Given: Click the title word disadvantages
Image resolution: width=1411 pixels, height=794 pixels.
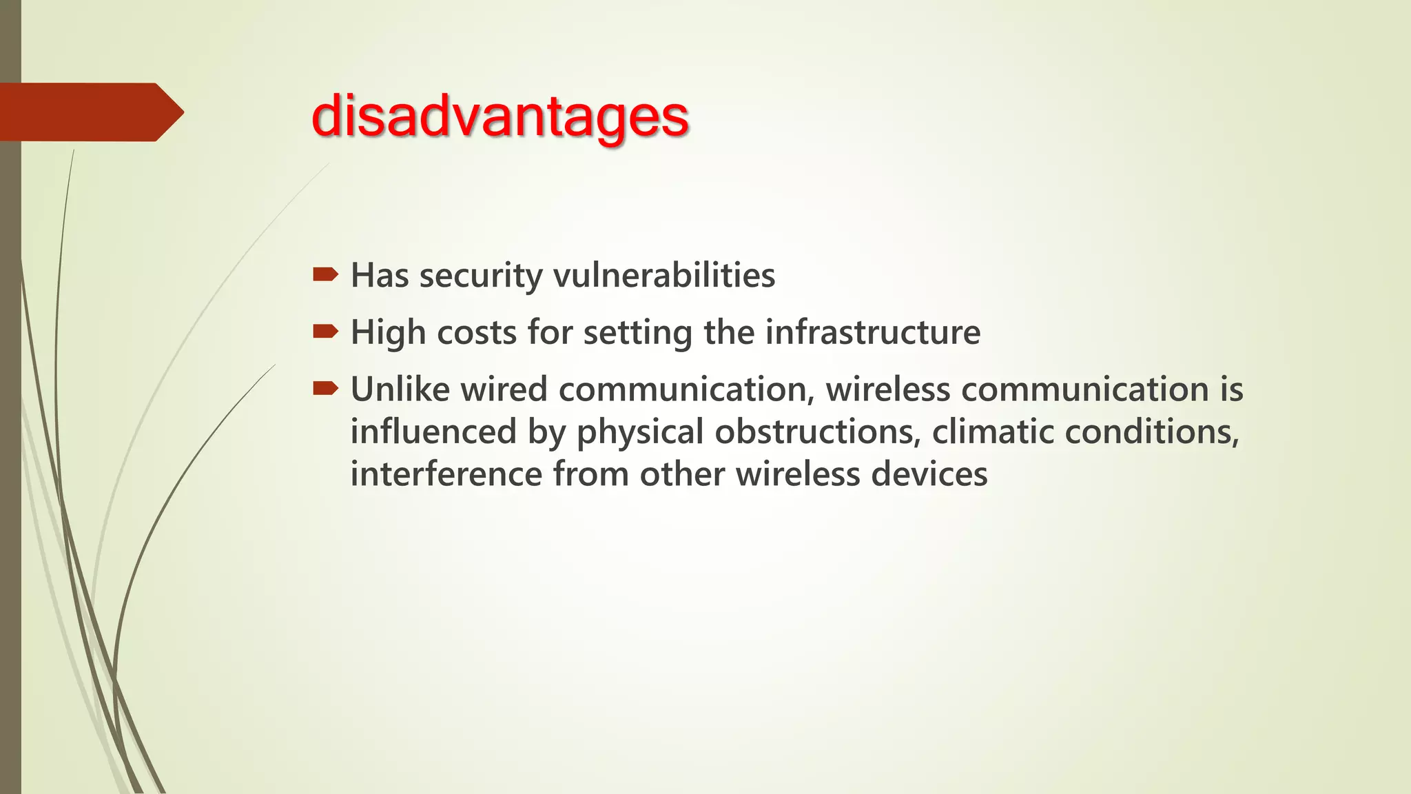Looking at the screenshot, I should coord(500,116).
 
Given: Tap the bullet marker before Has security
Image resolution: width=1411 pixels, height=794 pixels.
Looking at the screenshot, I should coord(325,276).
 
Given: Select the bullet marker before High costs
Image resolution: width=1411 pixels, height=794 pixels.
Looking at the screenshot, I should coord(325,333).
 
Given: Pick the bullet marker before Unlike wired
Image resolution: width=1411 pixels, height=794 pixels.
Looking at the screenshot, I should coord(325,389).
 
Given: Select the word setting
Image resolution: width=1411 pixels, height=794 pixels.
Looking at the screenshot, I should coord(637,333).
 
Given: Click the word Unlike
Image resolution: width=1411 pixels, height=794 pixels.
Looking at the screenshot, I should coord(400,389).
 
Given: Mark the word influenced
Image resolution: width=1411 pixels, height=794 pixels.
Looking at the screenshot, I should coord(433,432).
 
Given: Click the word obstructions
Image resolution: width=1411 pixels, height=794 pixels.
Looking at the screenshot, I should coord(817,432).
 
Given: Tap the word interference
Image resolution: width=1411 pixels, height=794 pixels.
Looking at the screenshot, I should coord(446,475).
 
